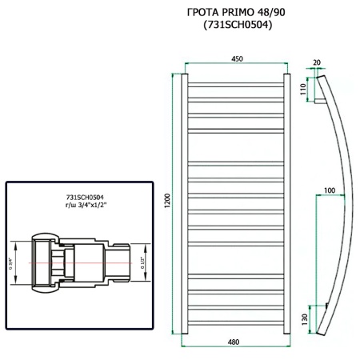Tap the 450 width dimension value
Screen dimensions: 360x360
pos(238,58)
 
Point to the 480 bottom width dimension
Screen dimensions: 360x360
pos(234,342)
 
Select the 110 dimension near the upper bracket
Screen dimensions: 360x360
pos(302,90)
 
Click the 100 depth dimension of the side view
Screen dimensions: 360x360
pos(329,190)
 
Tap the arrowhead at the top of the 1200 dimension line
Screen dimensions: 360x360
pos(174,75)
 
